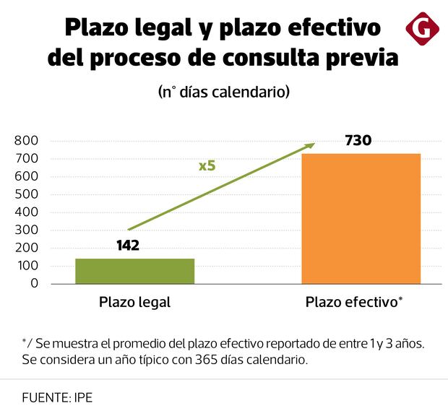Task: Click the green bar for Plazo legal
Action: [x=134, y=271]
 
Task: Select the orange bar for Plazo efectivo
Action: [x=361, y=218]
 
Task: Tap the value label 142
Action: [x=128, y=246]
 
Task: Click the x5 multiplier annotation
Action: [x=207, y=165]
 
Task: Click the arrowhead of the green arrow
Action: [x=311, y=144]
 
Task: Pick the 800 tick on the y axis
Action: [x=26, y=141]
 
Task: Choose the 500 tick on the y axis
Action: [x=26, y=194]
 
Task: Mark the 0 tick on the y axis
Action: [x=34, y=284]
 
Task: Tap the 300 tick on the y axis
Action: [x=26, y=230]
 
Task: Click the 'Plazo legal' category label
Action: [x=134, y=303]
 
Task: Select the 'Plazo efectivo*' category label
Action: [x=353, y=303]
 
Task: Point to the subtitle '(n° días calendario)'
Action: [x=224, y=92]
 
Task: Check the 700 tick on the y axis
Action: [x=26, y=159]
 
